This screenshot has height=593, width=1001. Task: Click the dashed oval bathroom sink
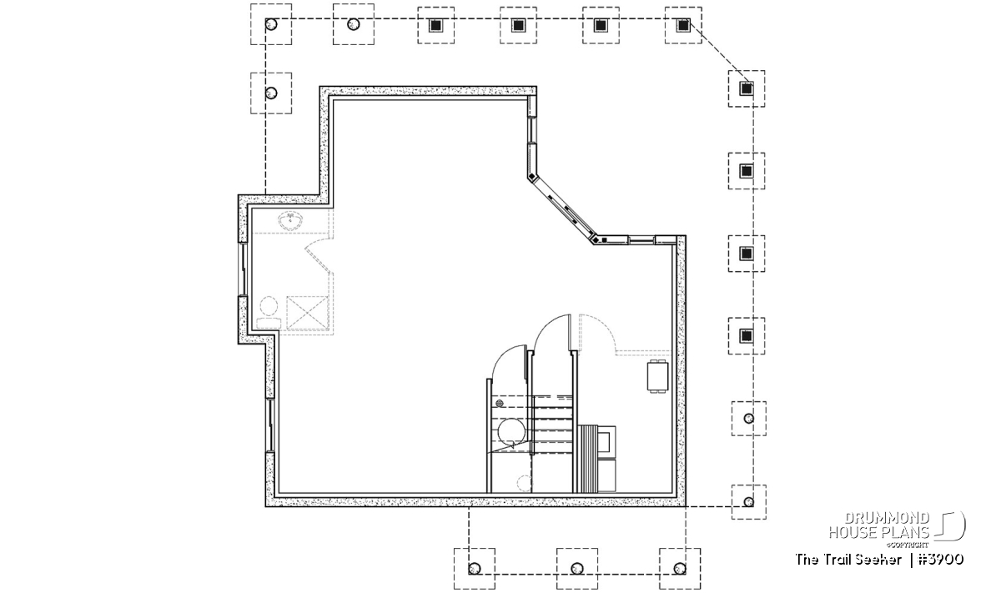click(x=290, y=221)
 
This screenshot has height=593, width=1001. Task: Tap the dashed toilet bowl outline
click(x=269, y=313)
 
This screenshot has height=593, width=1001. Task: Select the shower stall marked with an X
click(x=308, y=313)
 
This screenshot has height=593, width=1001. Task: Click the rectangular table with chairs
click(x=658, y=376)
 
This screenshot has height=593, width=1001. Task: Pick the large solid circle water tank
click(x=511, y=431)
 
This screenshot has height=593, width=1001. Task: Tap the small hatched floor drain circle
click(x=500, y=403)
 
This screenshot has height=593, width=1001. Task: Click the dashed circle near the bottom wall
click(x=524, y=483)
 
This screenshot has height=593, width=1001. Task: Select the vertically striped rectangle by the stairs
click(x=586, y=459)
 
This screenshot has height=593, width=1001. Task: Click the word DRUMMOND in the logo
click(x=887, y=519)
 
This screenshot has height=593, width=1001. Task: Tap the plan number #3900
click(x=940, y=560)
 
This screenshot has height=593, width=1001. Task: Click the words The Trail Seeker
click(x=848, y=560)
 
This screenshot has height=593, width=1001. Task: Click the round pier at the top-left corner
click(x=271, y=24)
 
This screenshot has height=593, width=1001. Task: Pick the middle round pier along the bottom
click(x=577, y=569)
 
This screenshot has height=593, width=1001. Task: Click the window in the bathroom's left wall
click(x=243, y=269)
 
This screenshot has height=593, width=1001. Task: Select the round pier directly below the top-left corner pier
click(x=271, y=93)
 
